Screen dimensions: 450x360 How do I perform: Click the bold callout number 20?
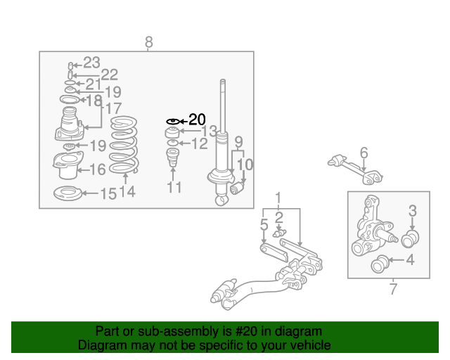pos(197,120)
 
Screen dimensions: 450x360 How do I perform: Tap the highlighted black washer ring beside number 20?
pos(173,122)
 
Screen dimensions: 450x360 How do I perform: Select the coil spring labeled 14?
pos(124,145)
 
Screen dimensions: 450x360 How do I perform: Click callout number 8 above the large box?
pos(148,42)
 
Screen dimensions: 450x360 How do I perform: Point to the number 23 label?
pos(91,63)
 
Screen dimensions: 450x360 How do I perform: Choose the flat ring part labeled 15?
pos(67,193)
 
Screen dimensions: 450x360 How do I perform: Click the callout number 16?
pos(98,169)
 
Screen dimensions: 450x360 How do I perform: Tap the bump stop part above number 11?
pos(173,157)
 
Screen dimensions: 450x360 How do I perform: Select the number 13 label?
pos(209,131)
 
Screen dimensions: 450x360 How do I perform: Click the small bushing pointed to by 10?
pos(237,188)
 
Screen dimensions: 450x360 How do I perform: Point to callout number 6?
pos(364,153)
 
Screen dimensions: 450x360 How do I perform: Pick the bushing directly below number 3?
pos(410,238)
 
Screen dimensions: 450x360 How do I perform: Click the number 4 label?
pos(411,260)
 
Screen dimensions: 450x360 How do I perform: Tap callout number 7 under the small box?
pos(394,289)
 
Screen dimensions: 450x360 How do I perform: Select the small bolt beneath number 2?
pos(280,233)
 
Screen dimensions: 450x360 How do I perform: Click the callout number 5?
pos(264,224)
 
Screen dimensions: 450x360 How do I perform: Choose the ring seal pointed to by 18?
pos(70,100)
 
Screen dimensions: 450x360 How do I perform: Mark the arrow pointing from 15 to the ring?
pos(91,193)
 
